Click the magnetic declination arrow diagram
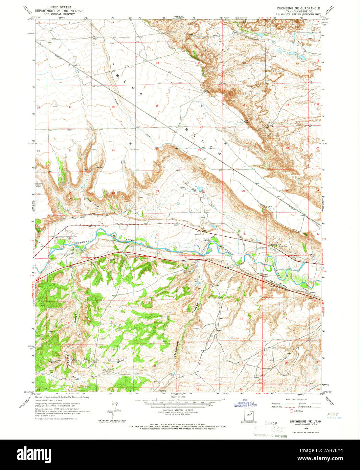click(113, 409)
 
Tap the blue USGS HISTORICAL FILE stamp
click(246, 404)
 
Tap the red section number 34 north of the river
click(157, 235)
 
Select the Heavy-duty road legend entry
click(276, 403)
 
